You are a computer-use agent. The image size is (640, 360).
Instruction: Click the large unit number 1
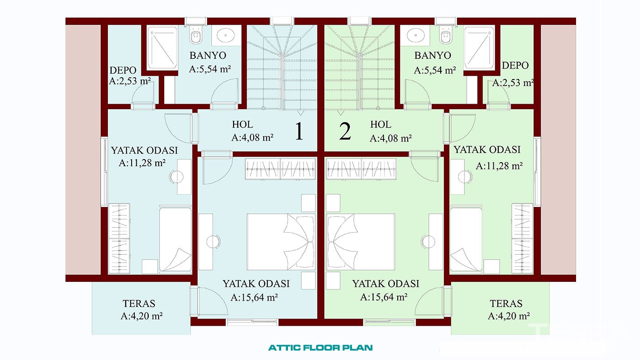[x=299, y=131]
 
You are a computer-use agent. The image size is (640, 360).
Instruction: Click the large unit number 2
[x=345, y=131]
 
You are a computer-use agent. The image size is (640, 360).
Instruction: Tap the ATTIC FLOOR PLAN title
[x=320, y=348]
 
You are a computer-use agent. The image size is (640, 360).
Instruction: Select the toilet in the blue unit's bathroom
[x=196, y=35]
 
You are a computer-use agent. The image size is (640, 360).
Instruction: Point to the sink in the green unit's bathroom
[x=416, y=35]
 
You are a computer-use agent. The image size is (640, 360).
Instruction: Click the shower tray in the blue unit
[x=162, y=48]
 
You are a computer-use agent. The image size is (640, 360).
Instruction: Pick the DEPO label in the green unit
[x=515, y=65]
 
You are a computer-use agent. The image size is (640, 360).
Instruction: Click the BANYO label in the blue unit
[x=208, y=55]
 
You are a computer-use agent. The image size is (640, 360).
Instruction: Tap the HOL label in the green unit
[x=380, y=124]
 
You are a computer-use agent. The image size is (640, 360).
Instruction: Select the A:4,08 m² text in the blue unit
[x=252, y=138]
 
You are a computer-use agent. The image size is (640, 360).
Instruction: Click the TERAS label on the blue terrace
[x=139, y=303]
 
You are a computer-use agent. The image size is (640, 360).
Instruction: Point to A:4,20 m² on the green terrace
[x=509, y=316]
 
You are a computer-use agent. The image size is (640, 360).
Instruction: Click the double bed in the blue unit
[x=281, y=242]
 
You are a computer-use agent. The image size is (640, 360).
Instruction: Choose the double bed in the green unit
[x=361, y=242]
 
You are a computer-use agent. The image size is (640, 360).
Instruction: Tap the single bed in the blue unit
[x=175, y=239]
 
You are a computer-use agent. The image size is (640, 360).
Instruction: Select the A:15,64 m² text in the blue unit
[x=254, y=297]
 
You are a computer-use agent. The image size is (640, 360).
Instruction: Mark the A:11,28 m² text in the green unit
[x=499, y=166]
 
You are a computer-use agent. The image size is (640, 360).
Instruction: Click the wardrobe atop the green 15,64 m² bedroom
[x=361, y=169]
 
